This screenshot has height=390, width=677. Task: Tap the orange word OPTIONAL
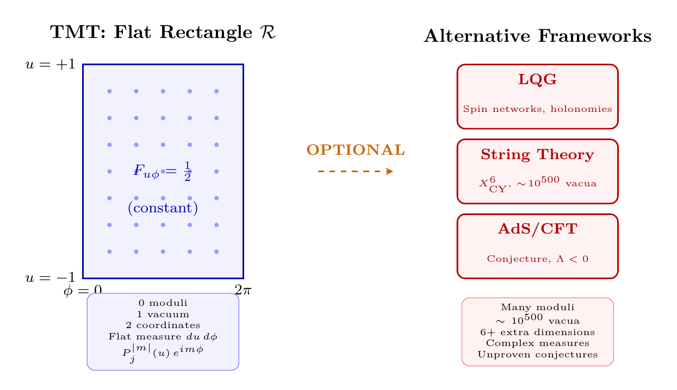356,150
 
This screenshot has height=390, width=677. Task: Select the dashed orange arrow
355,171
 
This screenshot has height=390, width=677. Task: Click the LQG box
537,97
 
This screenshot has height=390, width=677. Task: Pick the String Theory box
537,171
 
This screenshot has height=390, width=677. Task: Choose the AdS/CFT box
537,246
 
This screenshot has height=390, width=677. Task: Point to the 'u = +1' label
50,65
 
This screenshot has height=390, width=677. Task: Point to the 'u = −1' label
50,278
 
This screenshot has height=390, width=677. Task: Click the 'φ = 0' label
83,291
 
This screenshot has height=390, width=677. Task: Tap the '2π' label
243,290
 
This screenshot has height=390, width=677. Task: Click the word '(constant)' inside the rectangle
162,208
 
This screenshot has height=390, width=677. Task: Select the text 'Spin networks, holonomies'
537,109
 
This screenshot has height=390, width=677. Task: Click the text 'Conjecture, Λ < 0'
537,259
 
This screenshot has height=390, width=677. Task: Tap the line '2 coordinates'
163,325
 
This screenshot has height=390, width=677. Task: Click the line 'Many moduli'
537,308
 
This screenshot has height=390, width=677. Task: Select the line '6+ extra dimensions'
537,331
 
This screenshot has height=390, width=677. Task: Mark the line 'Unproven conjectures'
537,355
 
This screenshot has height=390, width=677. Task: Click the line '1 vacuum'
163,314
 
